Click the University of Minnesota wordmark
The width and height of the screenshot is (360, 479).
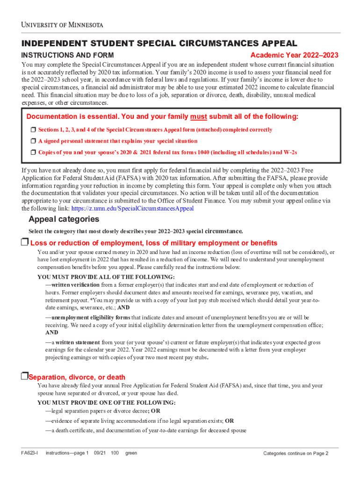click(62, 24)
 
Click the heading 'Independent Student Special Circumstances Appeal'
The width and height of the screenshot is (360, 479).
click(159, 44)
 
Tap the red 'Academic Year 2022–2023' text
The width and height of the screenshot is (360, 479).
click(294, 55)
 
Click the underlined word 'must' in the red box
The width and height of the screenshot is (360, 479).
click(199, 116)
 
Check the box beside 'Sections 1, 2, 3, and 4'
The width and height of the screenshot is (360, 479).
click(33, 130)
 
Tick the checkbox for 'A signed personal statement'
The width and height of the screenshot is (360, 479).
click(33, 141)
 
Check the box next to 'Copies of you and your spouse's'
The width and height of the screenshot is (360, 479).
click(33, 152)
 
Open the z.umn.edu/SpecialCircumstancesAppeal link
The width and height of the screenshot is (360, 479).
click(132, 208)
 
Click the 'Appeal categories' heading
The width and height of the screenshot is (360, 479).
click(64, 219)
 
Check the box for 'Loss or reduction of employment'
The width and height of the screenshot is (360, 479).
click(24, 242)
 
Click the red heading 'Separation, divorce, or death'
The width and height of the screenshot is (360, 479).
click(77, 377)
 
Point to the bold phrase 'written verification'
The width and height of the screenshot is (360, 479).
click(75, 284)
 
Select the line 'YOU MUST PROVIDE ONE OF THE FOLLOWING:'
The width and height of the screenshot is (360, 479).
click(106, 402)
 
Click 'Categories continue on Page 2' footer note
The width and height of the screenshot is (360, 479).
click(295, 453)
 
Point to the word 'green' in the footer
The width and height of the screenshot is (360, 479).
click(131, 453)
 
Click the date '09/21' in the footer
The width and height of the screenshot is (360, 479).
click(100, 453)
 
